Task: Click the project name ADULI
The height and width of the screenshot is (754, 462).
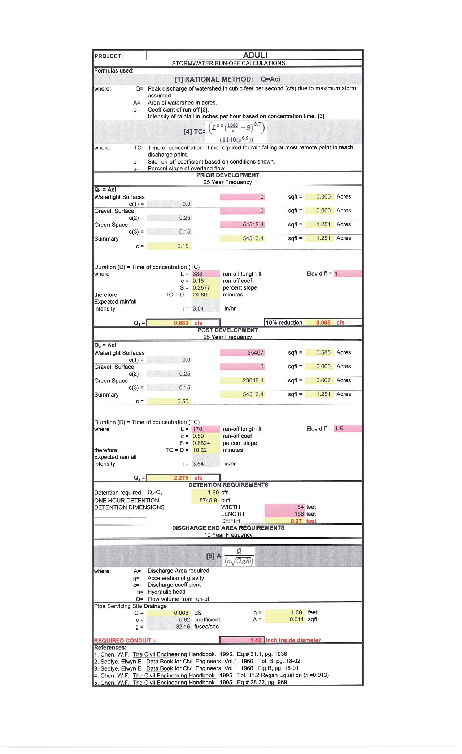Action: click(x=255, y=55)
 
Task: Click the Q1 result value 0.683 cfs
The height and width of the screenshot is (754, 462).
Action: click(x=181, y=323)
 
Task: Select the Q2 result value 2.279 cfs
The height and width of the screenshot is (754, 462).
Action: click(x=181, y=478)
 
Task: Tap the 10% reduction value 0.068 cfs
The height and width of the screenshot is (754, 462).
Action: click(x=323, y=322)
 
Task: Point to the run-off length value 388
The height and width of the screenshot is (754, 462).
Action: click(x=197, y=274)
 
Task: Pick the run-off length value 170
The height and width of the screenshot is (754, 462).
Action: click(x=197, y=429)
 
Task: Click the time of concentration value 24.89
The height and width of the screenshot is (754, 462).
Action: click(x=200, y=295)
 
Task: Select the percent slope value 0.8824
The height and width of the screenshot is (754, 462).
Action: click(x=201, y=443)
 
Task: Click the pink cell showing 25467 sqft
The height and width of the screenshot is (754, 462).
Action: click(x=255, y=352)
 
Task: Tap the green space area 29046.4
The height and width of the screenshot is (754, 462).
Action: click(x=253, y=380)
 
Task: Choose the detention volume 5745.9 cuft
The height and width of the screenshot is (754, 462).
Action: click(x=208, y=500)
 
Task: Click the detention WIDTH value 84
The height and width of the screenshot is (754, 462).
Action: click(x=301, y=507)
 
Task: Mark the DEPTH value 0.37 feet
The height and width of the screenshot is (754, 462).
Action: click(x=296, y=521)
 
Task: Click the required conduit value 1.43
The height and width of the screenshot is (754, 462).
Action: click(x=256, y=640)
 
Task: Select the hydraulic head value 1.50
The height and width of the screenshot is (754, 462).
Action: click(x=296, y=612)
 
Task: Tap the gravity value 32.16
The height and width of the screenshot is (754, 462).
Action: click(x=183, y=627)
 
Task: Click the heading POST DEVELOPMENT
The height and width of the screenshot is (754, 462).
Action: click(x=227, y=330)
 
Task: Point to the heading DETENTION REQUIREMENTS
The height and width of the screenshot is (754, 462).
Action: click(x=228, y=485)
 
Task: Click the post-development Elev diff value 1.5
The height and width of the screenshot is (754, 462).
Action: click(x=339, y=429)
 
